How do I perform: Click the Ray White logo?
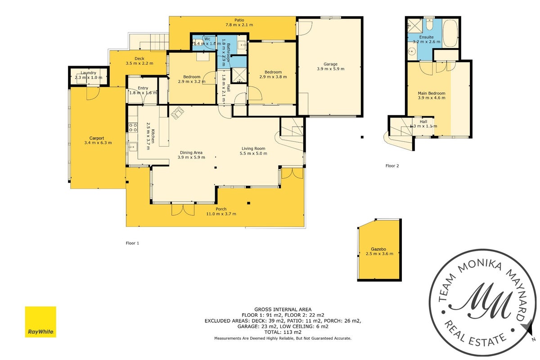click(40, 322)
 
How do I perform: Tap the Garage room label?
click(330, 64)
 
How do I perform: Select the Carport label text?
click(97, 138)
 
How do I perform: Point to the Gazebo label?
click(378, 249)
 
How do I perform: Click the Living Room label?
click(253, 148)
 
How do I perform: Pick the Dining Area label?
click(191, 153)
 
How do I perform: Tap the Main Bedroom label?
click(432, 93)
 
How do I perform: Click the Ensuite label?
click(427, 37)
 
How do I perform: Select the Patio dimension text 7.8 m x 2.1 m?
click(239, 25)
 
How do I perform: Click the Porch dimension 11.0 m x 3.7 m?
click(221, 214)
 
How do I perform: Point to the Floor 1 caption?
click(132, 243)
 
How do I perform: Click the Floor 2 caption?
click(392, 166)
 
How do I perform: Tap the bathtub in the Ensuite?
click(450, 33)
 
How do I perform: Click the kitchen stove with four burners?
click(133, 127)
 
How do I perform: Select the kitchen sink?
click(133, 147)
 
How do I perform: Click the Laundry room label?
click(88, 73)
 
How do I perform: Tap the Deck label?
click(139, 58)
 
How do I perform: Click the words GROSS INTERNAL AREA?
click(283, 309)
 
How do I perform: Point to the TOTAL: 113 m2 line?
click(283, 332)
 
